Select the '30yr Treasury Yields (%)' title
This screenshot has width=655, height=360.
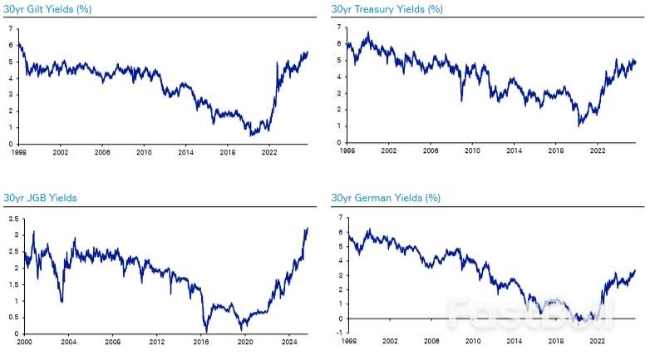387,10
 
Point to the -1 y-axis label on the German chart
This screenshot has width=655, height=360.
338,333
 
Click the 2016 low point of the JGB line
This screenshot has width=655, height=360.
204,331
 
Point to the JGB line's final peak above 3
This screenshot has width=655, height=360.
307,228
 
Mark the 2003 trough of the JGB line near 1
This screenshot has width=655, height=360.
62,301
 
